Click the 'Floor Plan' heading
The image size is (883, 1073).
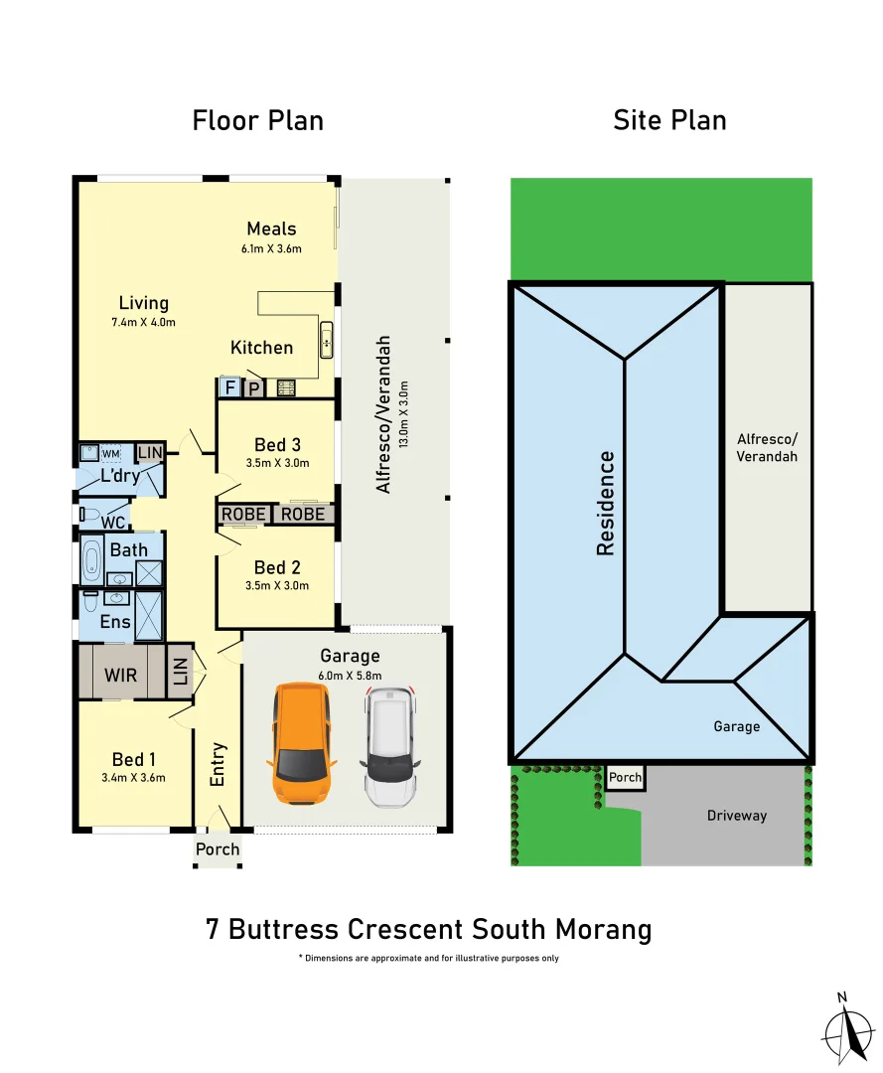point(257,121)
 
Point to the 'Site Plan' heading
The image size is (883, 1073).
point(669,121)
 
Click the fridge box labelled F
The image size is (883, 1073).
point(229,387)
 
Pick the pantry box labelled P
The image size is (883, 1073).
point(253,388)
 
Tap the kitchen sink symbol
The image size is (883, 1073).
point(326,340)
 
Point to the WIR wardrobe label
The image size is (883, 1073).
point(121,675)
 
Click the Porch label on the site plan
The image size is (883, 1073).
point(625,777)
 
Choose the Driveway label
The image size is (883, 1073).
point(737,816)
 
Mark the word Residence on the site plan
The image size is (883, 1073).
point(606,503)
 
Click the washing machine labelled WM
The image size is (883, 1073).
point(110,454)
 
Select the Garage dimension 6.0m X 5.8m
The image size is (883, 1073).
point(350,676)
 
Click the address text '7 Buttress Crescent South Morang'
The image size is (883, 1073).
point(428,929)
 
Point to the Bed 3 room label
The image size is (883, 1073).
point(277,444)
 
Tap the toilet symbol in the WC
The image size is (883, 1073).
point(90,515)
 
